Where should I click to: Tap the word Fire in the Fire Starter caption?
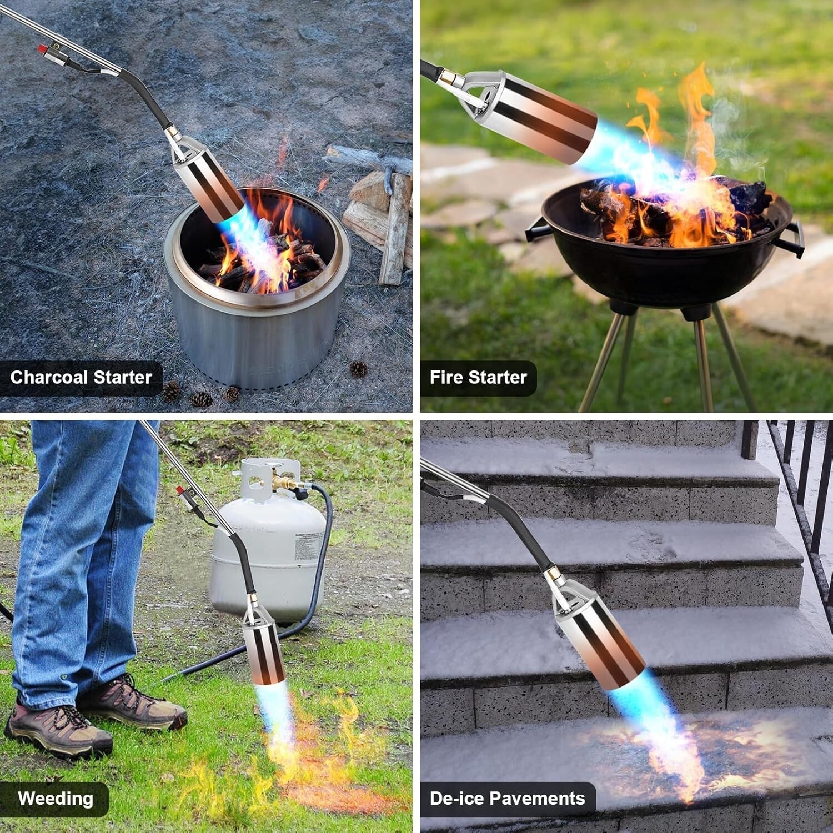tap(446, 378)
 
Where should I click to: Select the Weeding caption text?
tap(56, 799)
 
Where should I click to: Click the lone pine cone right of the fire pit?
tap(358, 369)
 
